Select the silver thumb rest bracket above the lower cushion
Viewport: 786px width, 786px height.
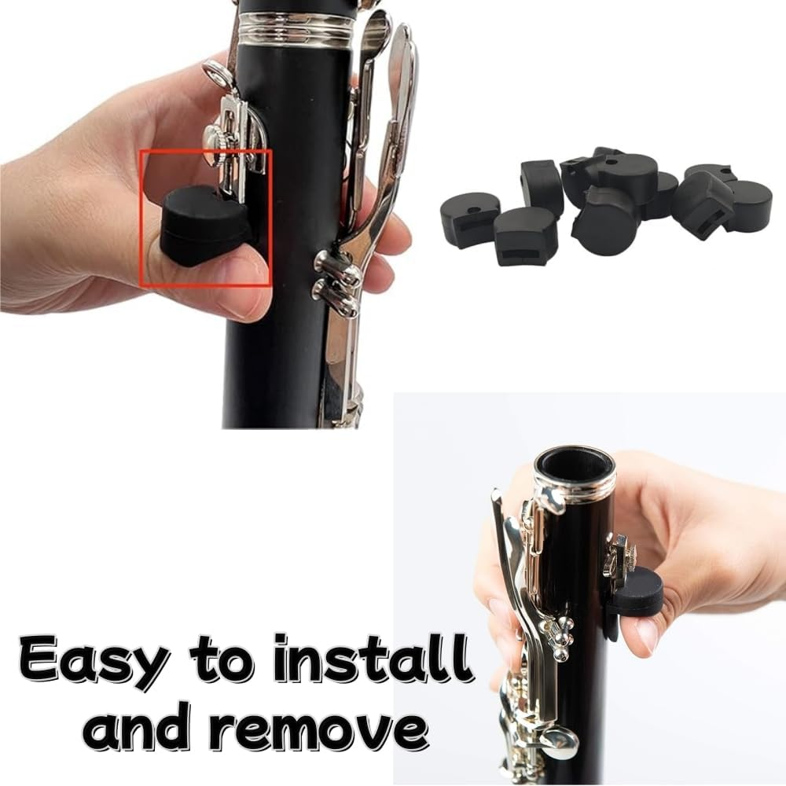click(x=616, y=555)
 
